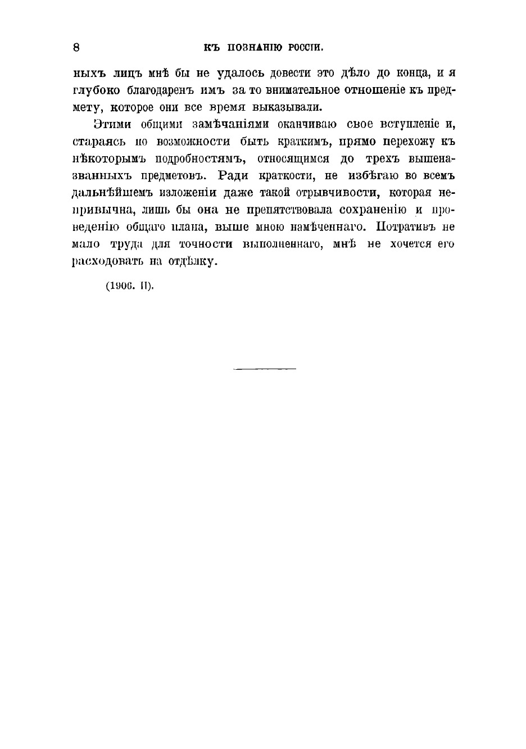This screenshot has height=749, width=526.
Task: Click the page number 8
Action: [x=76, y=48]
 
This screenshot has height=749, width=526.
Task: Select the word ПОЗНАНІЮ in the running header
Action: [x=256, y=48]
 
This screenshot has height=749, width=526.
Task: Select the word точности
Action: [x=205, y=244]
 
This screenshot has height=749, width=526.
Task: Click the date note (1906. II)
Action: [x=129, y=285]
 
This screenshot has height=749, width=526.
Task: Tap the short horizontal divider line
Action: [x=264, y=369]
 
